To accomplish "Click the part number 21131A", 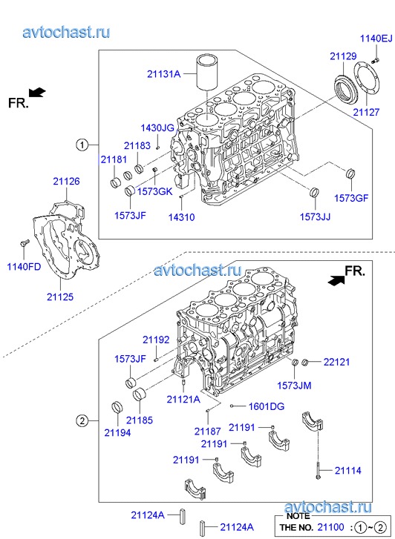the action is click(163, 74).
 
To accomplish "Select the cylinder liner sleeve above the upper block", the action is click(207, 72).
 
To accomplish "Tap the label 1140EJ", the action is click(376, 38).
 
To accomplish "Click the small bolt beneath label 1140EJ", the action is click(375, 61).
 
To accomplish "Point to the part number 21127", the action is click(366, 112).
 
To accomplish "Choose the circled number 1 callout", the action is click(82, 145).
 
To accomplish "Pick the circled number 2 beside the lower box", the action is click(82, 420).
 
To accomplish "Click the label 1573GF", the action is click(351, 198).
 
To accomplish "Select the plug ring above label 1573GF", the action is click(350, 173).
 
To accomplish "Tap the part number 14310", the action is click(181, 217).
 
